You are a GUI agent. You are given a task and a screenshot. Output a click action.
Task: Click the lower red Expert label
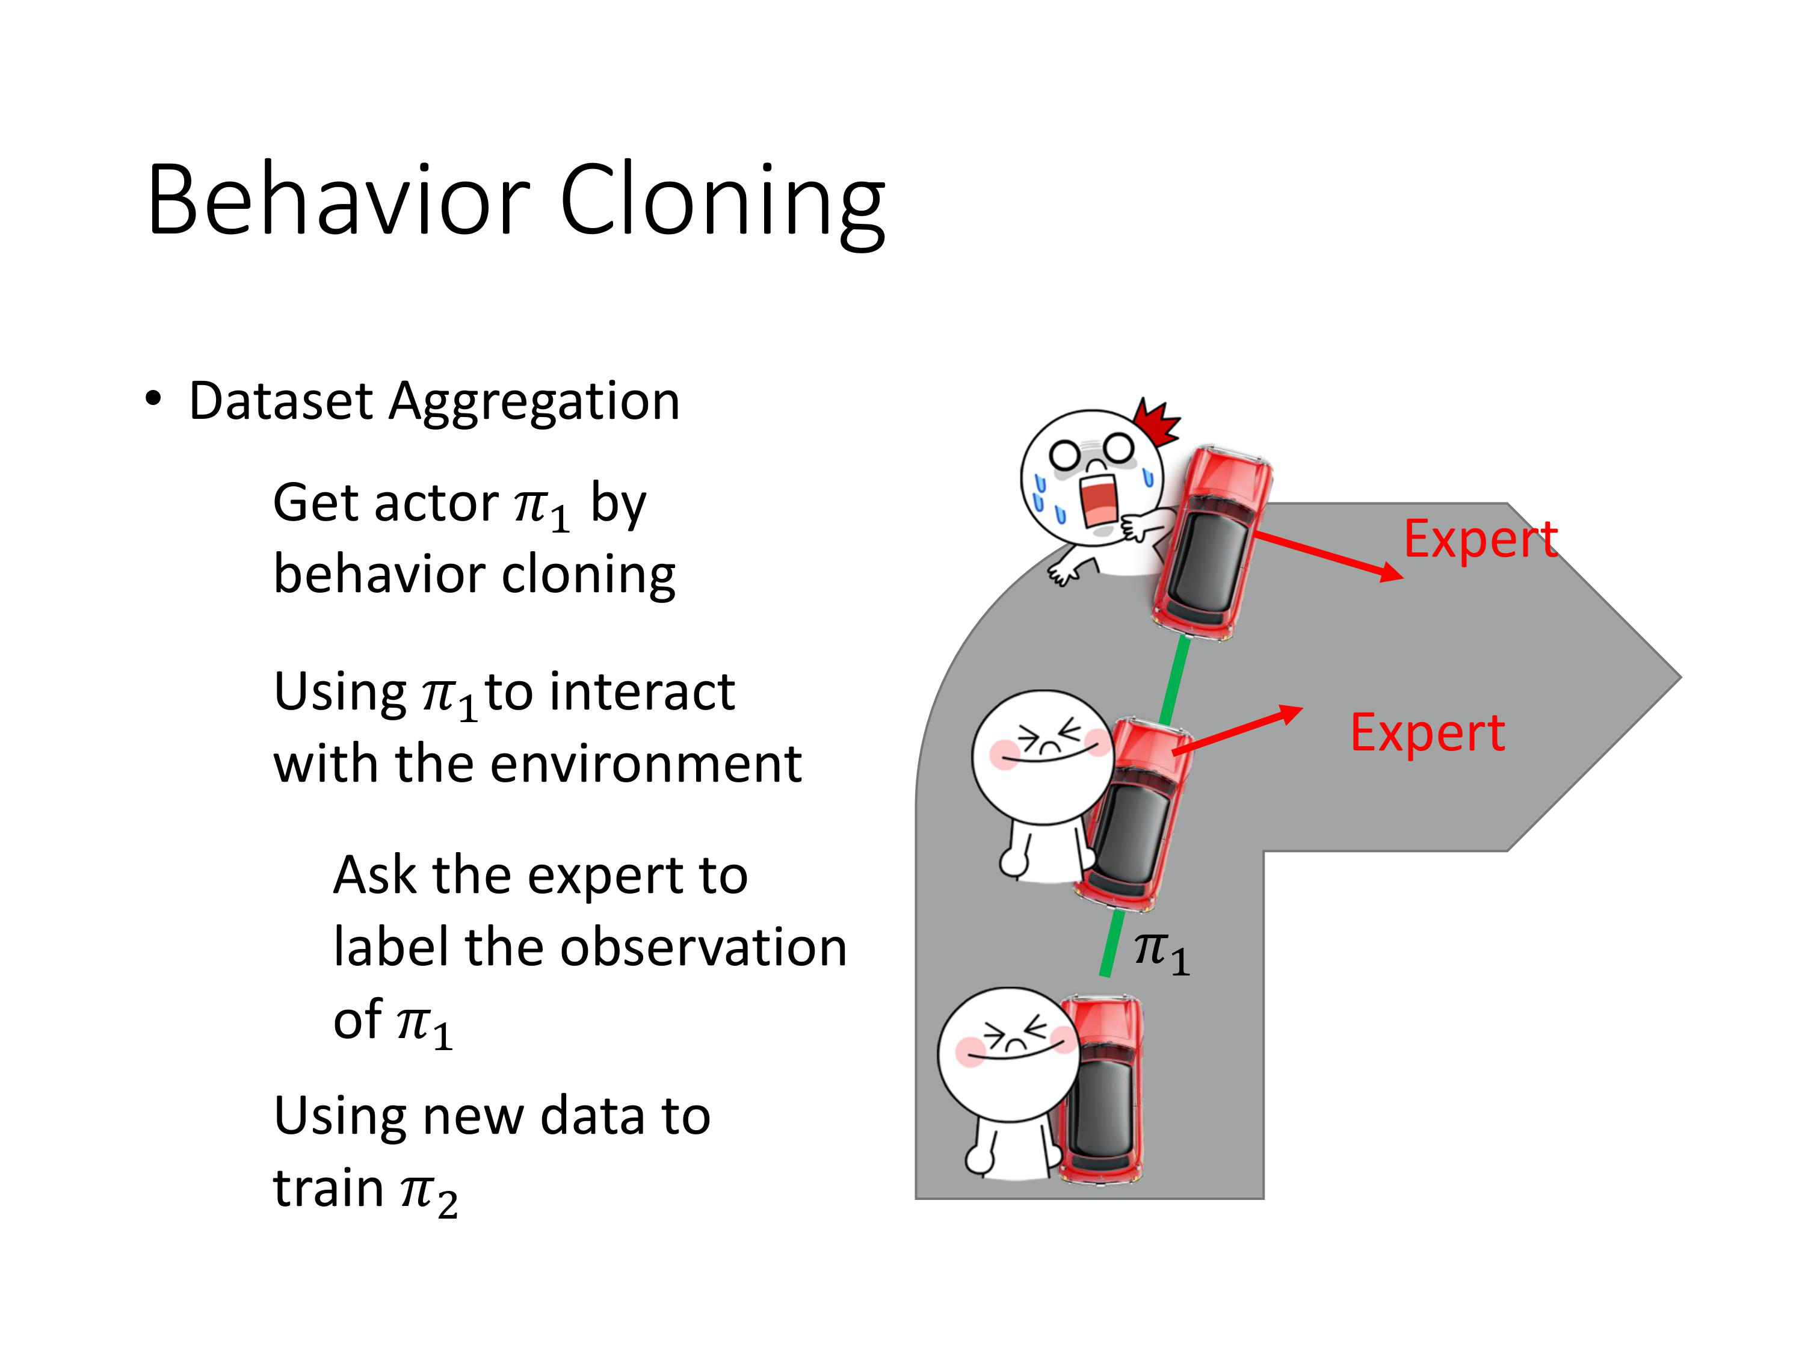(x=1427, y=733)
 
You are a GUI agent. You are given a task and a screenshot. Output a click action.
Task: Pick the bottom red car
(x=1100, y=1090)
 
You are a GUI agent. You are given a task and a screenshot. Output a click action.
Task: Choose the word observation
(x=703, y=948)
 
